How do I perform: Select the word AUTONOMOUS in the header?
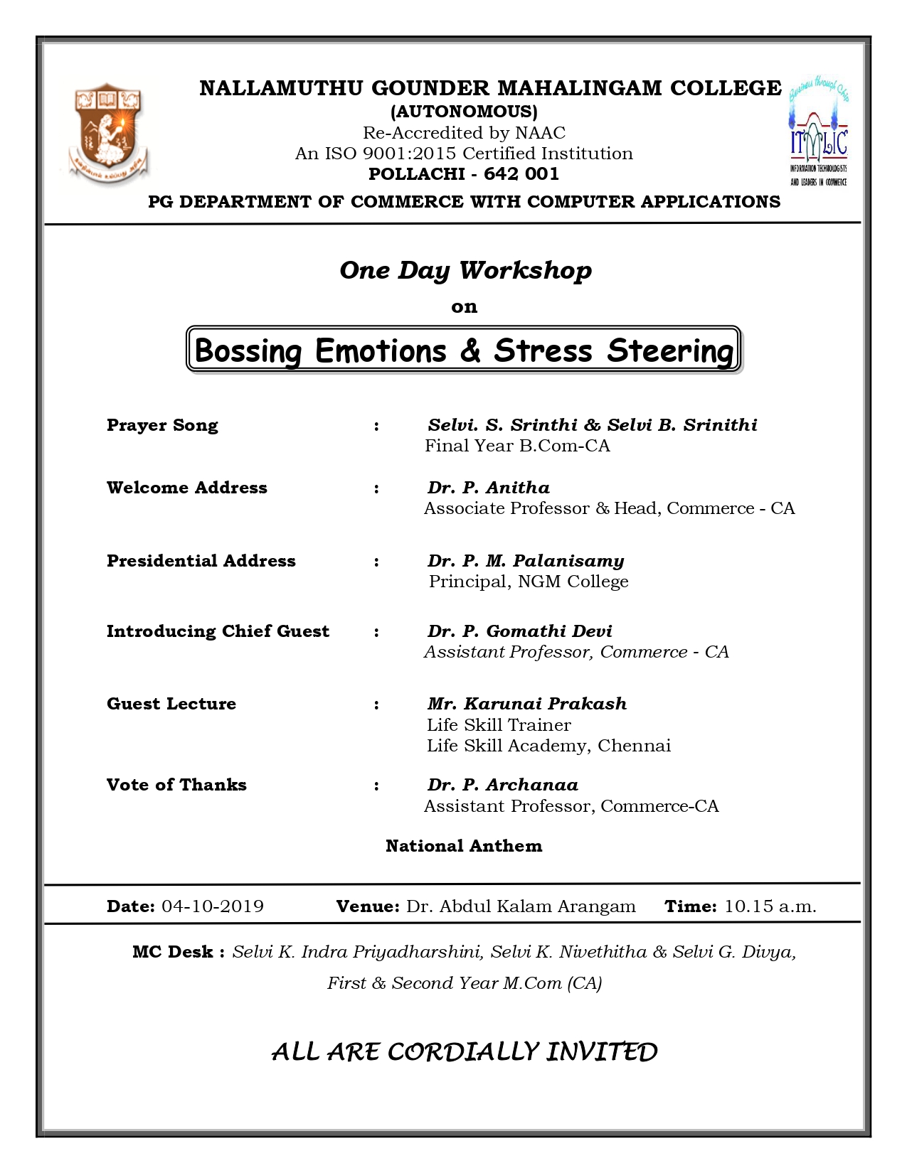[x=464, y=112]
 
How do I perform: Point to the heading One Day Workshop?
[x=465, y=271]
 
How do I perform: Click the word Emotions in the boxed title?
[x=381, y=351]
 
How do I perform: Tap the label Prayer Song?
[x=162, y=425]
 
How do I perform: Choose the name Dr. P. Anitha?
[x=489, y=488]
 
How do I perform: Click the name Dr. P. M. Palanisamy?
[x=526, y=561]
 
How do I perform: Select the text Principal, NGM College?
[x=529, y=582]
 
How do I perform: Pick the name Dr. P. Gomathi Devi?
[x=519, y=631]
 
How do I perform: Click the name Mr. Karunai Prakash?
[x=527, y=704]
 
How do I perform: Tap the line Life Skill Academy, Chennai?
[x=548, y=746]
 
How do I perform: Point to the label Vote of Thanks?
[x=176, y=785]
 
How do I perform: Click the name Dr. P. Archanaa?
[x=503, y=785]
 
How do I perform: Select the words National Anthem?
[x=464, y=846]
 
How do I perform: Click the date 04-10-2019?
[x=213, y=906]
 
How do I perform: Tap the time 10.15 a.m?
[x=770, y=906]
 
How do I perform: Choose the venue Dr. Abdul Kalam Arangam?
[x=521, y=906]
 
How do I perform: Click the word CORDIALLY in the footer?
[x=462, y=1052]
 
